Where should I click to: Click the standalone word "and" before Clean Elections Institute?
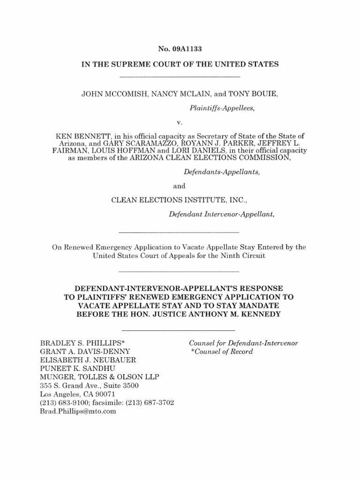[180, 186]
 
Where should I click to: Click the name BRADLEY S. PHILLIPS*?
[76, 343]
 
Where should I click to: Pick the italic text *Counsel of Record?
[221, 352]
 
